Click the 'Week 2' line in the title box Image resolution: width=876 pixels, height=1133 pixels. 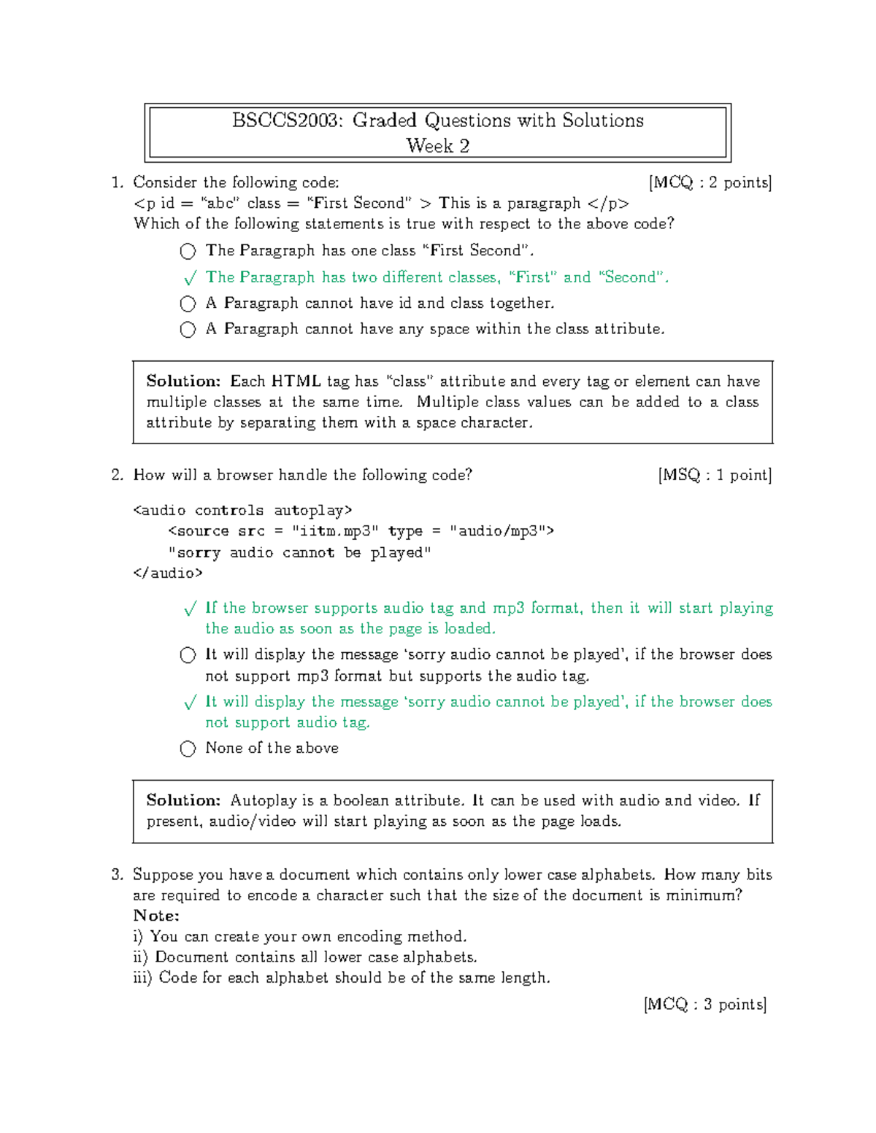(x=437, y=146)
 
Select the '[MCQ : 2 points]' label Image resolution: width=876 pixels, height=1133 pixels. (x=710, y=182)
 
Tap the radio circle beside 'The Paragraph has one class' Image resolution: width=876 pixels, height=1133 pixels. (x=188, y=252)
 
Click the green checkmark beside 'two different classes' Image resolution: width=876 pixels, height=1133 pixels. (x=190, y=278)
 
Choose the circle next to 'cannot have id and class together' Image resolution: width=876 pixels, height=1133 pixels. (x=188, y=303)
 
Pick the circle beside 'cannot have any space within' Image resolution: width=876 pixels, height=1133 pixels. (x=188, y=330)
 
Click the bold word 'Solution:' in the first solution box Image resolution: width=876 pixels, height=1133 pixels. (x=183, y=381)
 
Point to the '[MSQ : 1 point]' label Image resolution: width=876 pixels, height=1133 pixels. (x=714, y=475)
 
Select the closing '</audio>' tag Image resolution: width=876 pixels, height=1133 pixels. (x=168, y=573)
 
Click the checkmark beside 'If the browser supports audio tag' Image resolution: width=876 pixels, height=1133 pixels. (x=190, y=608)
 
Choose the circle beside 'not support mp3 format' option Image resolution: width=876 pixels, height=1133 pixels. (x=188, y=655)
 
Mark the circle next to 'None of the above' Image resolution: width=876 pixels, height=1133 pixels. (x=188, y=749)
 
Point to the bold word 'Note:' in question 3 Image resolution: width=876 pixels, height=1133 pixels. (x=156, y=916)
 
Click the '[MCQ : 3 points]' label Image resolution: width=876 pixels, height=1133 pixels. (x=705, y=1005)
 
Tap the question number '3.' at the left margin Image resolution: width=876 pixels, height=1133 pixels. (x=117, y=875)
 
